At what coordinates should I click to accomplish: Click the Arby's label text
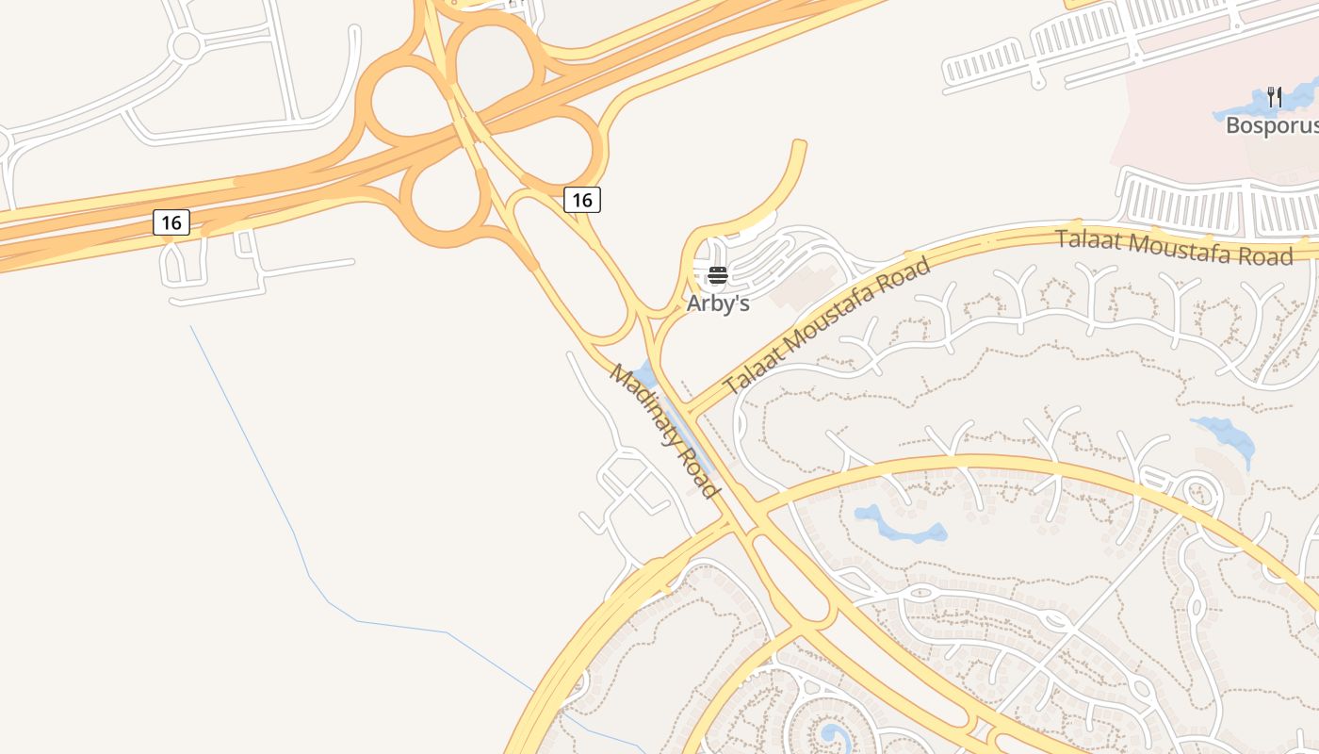click(x=718, y=303)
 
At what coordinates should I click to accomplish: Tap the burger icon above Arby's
click(x=718, y=275)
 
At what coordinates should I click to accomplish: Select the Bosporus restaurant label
click(x=1271, y=124)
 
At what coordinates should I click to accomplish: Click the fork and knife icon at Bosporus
click(x=1275, y=96)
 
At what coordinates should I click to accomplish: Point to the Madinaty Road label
click(x=664, y=431)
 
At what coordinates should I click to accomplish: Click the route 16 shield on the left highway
click(x=171, y=222)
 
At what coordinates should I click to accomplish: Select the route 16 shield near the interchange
click(x=582, y=199)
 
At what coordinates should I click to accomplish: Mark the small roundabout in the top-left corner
click(x=186, y=44)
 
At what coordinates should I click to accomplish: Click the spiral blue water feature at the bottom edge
click(x=833, y=735)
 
